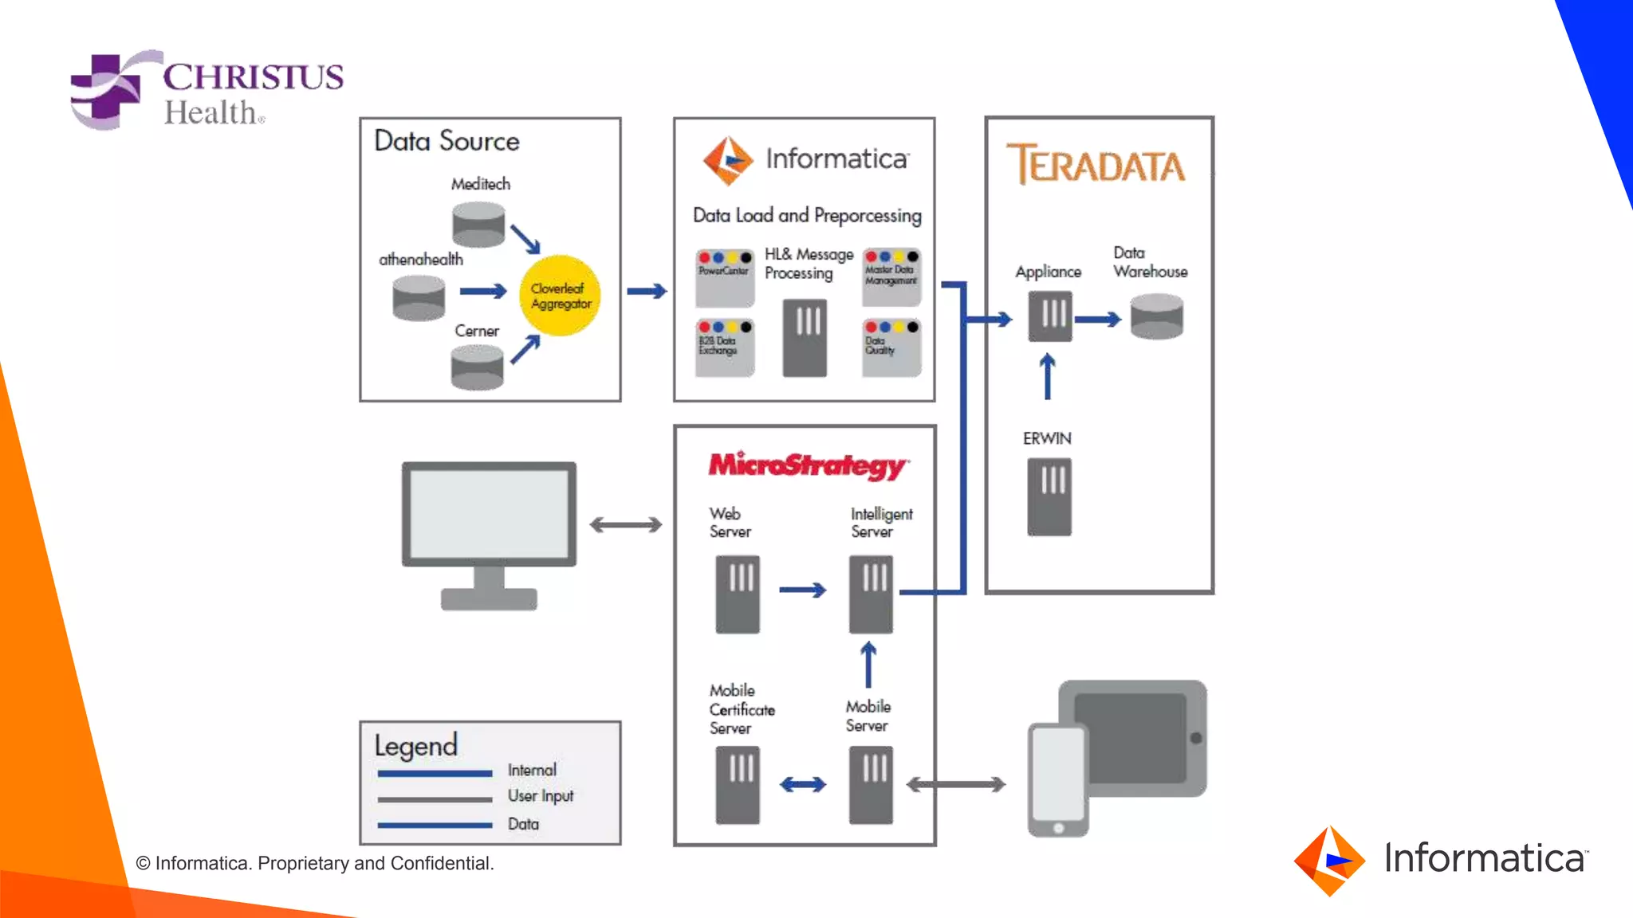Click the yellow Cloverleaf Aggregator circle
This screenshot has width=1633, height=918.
point(560,296)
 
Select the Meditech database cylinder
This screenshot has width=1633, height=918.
point(478,225)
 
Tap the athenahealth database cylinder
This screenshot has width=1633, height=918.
point(419,297)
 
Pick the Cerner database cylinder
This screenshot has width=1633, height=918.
point(477,367)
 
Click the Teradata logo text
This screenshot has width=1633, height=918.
point(1096,165)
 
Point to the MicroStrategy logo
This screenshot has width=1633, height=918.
point(807,465)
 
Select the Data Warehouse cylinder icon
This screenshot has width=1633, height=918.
point(1157,316)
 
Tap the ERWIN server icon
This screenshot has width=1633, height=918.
point(1049,496)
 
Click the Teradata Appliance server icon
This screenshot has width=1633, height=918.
point(1050,316)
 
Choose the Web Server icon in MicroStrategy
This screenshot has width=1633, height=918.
point(738,594)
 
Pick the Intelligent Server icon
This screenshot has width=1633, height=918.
point(871,594)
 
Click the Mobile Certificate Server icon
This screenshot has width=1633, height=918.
point(738,784)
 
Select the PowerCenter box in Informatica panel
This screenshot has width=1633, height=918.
point(724,278)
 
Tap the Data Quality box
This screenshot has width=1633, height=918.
point(891,347)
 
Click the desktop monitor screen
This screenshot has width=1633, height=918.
point(489,513)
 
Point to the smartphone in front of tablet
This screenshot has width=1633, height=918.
point(1057,779)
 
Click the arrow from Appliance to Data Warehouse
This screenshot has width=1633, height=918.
point(1098,320)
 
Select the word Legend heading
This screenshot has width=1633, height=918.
point(416,746)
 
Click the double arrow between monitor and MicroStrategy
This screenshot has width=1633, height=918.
point(626,524)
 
